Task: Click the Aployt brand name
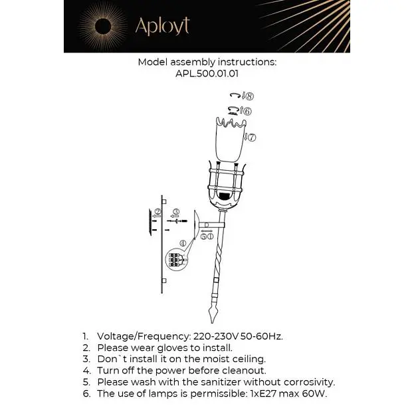click(162, 26)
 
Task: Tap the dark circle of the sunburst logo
click(103, 26)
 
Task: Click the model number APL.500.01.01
click(207, 74)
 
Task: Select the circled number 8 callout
click(249, 96)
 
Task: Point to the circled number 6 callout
click(247, 111)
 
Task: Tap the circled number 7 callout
click(252, 138)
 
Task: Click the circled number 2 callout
click(158, 211)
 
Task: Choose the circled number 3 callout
click(177, 211)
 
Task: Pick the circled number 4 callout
click(183, 243)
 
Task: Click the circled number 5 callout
click(204, 237)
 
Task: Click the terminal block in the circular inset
click(175, 260)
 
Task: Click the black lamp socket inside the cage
click(225, 197)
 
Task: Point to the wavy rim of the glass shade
click(231, 122)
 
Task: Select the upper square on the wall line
click(164, 202)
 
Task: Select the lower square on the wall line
click(164, 280)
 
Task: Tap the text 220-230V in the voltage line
click(216, 336)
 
